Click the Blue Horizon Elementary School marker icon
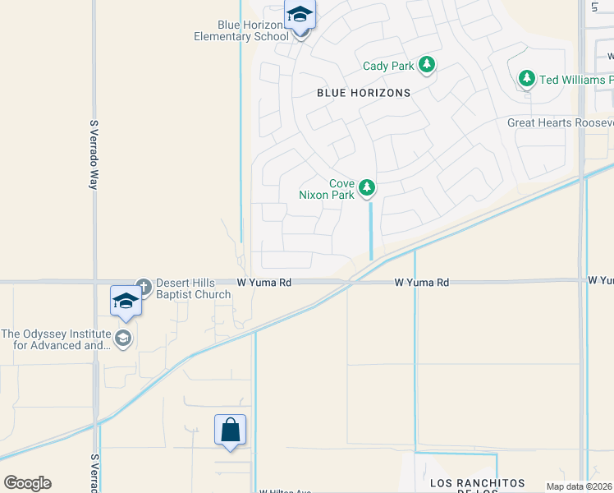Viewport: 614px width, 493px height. click(300, 16)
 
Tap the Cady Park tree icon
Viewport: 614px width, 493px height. click(426, 65)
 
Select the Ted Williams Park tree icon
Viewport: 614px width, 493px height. click(527, 80)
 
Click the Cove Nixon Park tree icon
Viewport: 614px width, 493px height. click(368, 189)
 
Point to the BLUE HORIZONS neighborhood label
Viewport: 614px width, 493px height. click(364, 93)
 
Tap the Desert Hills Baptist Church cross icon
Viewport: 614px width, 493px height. click(144, 286)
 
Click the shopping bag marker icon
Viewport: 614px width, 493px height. click(230, 430)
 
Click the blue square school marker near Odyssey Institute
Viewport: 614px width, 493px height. click(126, 301)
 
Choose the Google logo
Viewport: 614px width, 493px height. click(27, 483)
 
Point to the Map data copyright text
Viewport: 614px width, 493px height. click(580, 486)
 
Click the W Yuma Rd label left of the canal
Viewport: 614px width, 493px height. click(264, 282)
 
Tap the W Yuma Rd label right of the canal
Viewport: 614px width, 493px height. click(421, 282)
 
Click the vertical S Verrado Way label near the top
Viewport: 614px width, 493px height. click(94, 154)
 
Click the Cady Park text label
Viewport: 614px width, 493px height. click(389, 66)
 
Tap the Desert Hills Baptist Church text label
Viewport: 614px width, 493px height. click(193, 288)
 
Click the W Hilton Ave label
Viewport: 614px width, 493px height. click(285, 491)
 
